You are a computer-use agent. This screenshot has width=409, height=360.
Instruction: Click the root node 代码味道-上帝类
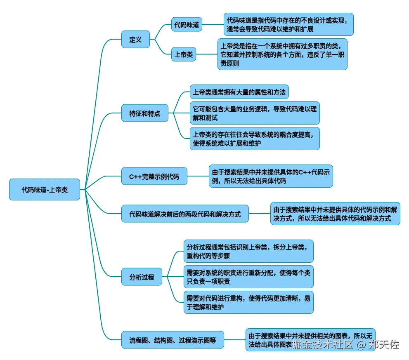(45, 190)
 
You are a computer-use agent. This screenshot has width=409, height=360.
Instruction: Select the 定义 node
(135, 40)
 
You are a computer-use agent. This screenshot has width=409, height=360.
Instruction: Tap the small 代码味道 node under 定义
(187, 25)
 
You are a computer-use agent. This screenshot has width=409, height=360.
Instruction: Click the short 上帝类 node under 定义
(183, 54)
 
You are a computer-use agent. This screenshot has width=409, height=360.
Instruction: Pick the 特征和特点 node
(145, 113)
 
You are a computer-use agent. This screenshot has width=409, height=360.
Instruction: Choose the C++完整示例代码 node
(154, 176)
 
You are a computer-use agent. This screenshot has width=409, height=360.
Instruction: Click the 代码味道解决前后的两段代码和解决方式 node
(185, 214)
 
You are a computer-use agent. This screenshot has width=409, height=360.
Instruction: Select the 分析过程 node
(142, 277)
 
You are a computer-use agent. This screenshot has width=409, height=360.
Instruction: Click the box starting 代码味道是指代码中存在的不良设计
(289, 24)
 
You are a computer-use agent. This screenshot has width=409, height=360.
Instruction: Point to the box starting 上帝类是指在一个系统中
(282, 54)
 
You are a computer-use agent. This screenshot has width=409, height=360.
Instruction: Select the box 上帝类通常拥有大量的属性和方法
(239, 92)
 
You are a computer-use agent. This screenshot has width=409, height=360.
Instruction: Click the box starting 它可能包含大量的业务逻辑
(255, 113)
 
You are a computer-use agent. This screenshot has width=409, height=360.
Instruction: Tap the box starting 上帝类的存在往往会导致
(255, 138)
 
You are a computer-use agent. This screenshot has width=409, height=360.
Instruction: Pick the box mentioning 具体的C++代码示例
(270, 176)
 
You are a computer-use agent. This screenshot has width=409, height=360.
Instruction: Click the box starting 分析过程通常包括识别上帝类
(248, 251)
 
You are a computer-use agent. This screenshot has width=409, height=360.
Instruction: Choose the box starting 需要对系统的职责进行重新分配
(248, 277)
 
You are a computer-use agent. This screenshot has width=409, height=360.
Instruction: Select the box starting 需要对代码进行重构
(248, 302)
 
